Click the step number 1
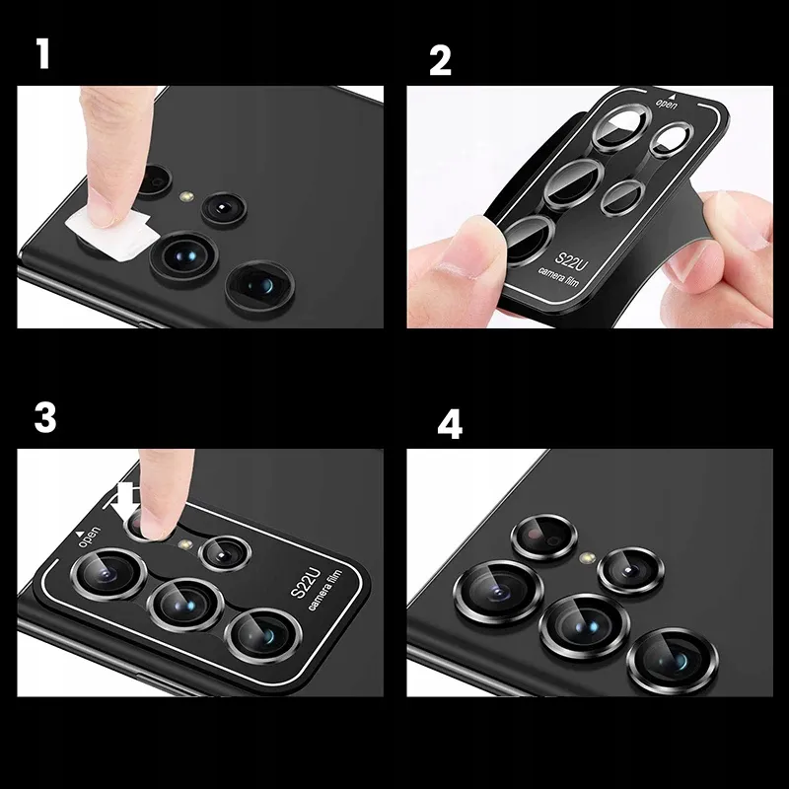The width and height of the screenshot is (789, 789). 43,54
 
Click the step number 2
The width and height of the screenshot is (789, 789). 440,60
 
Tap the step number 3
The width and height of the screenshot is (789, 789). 44,417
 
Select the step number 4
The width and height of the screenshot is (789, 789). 450,425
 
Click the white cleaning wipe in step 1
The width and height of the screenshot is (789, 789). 111,234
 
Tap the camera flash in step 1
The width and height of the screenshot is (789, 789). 187,195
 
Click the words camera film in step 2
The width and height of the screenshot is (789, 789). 558,277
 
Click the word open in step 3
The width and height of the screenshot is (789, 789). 90,537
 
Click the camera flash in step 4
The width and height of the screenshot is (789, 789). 587,557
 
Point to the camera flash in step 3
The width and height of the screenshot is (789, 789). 186,544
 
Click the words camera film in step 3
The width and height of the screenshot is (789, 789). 325,590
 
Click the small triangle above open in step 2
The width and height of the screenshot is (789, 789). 671,95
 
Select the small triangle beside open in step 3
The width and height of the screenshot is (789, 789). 80,533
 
